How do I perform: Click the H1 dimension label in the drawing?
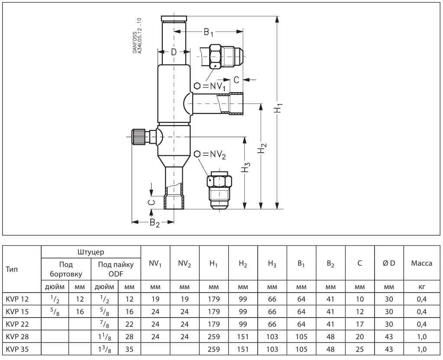coord(279,109)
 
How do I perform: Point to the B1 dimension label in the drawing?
coord(208,32)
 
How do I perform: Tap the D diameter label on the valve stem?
coord(174,52)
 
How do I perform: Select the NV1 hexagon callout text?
coord(210,86)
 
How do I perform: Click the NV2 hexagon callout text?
coord(210,154)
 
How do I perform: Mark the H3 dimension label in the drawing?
coord(246,167)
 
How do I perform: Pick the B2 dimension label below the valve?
coord(155,223)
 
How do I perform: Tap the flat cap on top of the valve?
coord(174,19)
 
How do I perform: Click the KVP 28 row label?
coord(17,337)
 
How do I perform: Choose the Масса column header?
coord(421,263)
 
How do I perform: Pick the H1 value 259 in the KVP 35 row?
coord(213,349)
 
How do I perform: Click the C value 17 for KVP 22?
coord(360,324)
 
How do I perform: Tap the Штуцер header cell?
coord(91,252)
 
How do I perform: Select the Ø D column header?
coord(389,263)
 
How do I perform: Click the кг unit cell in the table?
coord(421,287)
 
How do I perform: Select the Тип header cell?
coord(12,269)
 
